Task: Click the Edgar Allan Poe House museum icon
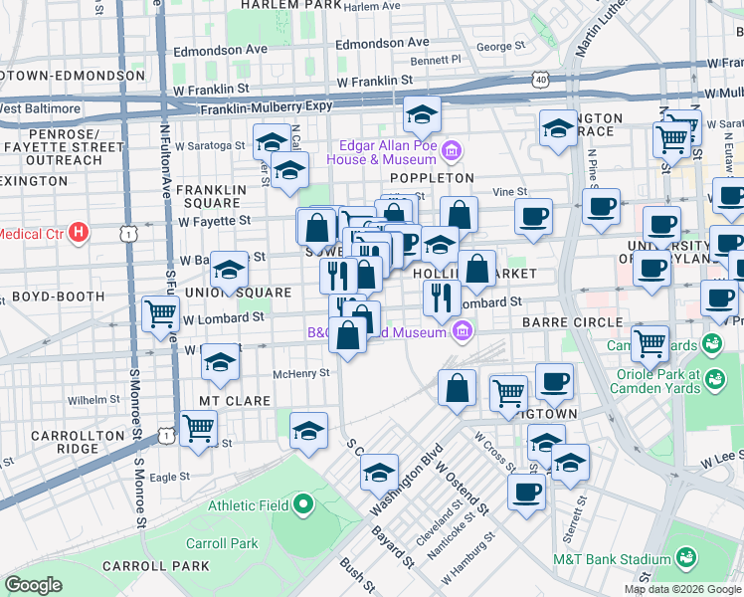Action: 452,151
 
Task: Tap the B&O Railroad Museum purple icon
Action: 461,330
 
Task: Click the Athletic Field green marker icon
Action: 303,505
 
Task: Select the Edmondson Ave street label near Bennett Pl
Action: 382,43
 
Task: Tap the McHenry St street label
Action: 301,374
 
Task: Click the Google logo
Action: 34,585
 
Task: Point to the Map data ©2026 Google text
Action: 682,589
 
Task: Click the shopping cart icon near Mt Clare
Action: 199,428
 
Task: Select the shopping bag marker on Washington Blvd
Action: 457,388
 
